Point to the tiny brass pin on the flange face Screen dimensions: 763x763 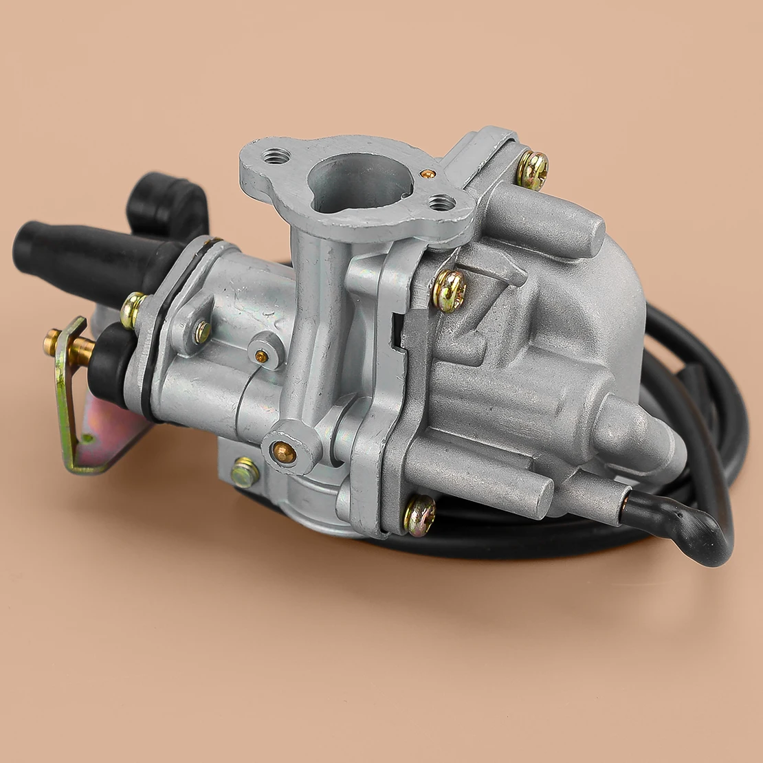430,173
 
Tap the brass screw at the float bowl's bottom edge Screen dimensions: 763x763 419,514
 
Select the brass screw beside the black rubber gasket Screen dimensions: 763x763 133,310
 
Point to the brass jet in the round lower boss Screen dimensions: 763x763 283,451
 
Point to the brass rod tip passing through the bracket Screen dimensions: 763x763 54,342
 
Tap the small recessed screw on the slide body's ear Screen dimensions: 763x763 201,333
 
